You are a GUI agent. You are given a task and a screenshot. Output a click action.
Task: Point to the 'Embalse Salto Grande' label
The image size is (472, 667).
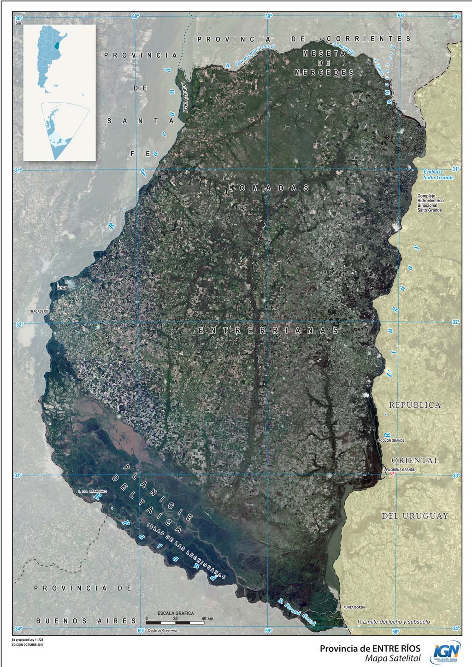438,175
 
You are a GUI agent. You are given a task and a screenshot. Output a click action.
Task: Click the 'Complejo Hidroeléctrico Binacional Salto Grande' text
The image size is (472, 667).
429,203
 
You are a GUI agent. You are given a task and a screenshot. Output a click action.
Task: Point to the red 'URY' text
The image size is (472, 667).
393,474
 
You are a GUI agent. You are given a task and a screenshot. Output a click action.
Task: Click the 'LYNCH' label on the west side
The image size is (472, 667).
62,287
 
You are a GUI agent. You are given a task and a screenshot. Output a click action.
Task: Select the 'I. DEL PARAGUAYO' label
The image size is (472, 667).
93,491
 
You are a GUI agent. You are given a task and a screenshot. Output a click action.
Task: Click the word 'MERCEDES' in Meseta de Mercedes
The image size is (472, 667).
324,73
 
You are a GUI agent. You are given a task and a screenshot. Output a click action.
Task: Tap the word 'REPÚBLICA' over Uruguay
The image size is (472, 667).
414,405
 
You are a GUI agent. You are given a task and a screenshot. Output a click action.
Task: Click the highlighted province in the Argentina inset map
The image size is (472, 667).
57,46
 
